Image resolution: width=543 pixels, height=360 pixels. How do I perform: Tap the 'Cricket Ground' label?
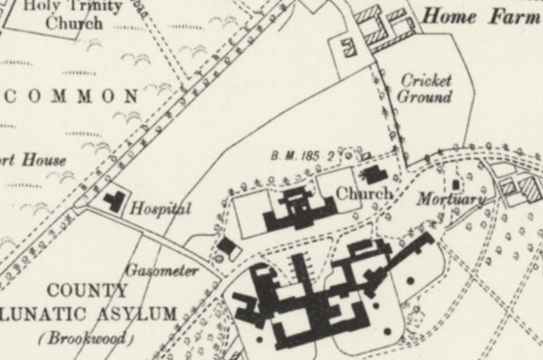pyautogui.click(x=426, y=89)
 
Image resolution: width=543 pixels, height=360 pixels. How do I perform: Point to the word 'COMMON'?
pyautogui.click(x=76, y=96)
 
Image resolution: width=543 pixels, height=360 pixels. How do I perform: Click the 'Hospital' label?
pyautogui.click(x=161, y=208)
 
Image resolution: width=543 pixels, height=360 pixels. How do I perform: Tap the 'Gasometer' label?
pyautogui.click(x=161, y=270)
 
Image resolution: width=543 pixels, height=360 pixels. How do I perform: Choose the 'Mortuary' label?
pyautogui.click(x=449, y=199)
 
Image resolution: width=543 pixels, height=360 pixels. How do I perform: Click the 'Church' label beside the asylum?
pyautogui.click(x=364, y=193)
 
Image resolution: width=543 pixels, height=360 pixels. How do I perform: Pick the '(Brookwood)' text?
pyautogui.click(x=85, y=339)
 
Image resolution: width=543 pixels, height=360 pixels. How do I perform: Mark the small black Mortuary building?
pyautogui.click(x=455, y=184)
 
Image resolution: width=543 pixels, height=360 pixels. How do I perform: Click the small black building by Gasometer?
pyautogui.click(x=228, y=247)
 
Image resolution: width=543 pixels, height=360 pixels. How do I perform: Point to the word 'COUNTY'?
pyautogui.click(x=88, y=291)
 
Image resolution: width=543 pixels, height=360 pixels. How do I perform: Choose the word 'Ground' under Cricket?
pyautogui.click(x=426, y=98)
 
